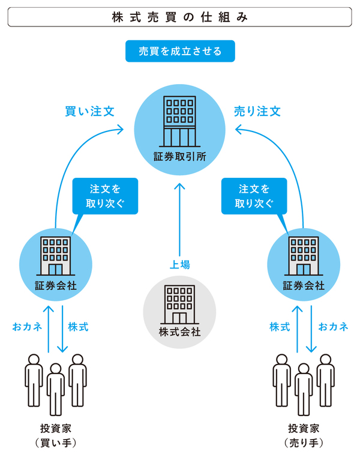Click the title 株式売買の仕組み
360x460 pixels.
(x=179, y=18)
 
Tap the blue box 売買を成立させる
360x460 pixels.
(x=179, y=52)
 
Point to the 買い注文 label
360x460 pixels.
(x=89, y=111)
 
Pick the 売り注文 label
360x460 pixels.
(x=257, y=111)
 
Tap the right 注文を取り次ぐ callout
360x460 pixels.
(x=254, y=195)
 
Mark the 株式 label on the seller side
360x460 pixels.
(x=280, y=327)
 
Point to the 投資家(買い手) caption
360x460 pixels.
(x=56, y=436)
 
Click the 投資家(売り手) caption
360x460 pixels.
(x=304, y=436)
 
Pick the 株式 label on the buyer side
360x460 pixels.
(x=78, y=327)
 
